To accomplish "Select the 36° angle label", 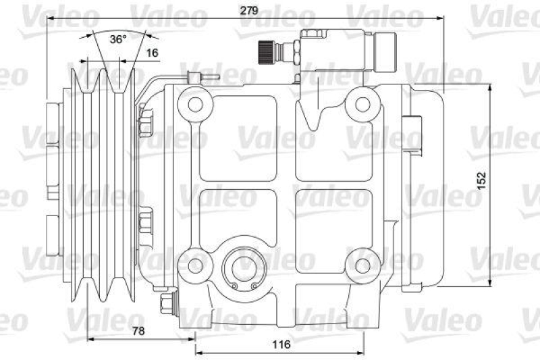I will point(118,39).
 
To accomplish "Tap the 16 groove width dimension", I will point(152,53).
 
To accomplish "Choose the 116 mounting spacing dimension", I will point(281,344).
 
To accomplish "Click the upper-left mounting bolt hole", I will point(195,104).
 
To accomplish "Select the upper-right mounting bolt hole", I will point(362,104).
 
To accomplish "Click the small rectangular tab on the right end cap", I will point(408,130).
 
